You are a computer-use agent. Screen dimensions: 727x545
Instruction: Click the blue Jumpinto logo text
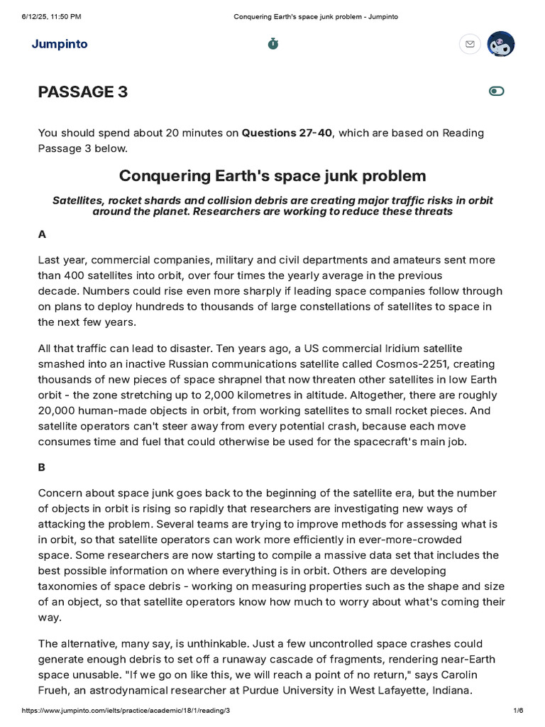pyautogui.click(x=60, y=44)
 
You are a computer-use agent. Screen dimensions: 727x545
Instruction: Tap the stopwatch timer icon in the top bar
pyautogui.click(x=273, y=44)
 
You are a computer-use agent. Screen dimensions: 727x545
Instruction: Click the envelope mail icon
pyautogui.click(x=469, y=44)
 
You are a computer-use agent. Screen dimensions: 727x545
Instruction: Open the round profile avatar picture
pyautogui.click(x=502, y=44)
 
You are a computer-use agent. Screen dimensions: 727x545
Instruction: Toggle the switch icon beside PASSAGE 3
pyautogui.click(x=497, y=91)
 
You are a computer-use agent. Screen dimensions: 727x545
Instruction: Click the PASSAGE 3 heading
pyautogui.click(x=83, y=92)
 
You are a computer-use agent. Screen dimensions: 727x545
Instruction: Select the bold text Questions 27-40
pyautogui.click(x=287, y=133)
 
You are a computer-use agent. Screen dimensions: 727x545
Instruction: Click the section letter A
pyautogui.click(x=42, y=234)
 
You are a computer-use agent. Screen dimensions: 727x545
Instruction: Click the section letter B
pyautogui.click(x=42, y=467)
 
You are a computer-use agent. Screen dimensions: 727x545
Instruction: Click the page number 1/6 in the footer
pyautogui.click(x=518, y=711)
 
